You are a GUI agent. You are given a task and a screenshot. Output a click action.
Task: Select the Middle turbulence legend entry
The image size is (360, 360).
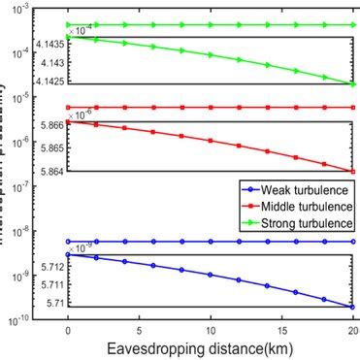tap(295, 208)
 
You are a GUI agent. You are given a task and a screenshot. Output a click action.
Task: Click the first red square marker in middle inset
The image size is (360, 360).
tap(67, 122)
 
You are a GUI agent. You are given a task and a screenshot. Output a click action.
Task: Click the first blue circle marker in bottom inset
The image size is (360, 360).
tap(67, 254)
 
